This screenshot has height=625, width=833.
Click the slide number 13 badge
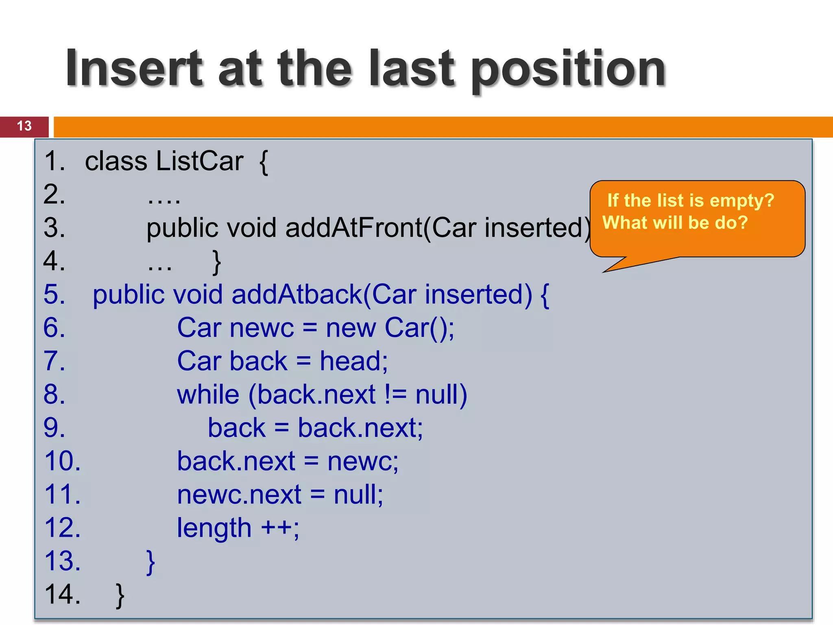(24, 126)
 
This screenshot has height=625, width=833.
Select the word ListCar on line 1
(200, 161)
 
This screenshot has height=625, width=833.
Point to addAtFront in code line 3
(354, 227)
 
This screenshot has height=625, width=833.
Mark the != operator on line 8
(395, 395)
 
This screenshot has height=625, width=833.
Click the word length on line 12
(214, 528)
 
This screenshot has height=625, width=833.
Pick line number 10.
(63, 461)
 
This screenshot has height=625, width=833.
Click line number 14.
(63, 594)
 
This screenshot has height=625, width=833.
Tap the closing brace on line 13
(150, 562)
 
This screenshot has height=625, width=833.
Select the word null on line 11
(358, 495)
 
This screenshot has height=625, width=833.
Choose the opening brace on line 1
(264, 162)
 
